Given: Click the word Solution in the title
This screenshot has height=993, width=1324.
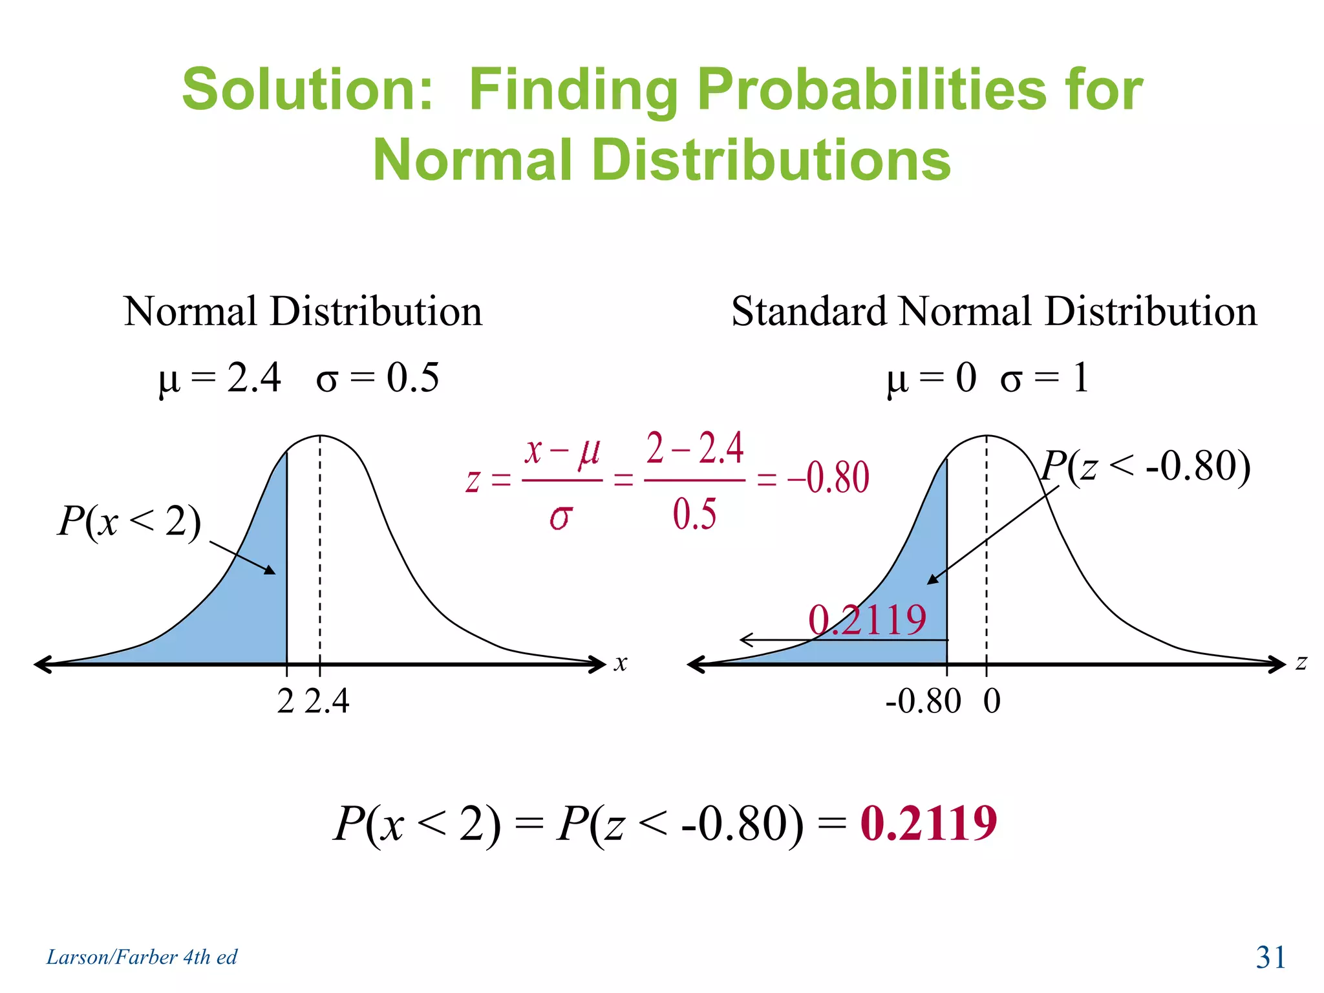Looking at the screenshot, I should pos(307,90).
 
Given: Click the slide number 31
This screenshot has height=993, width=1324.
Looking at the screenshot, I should pos(1270,957).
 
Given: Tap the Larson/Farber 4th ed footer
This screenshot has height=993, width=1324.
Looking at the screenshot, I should pos(142,957).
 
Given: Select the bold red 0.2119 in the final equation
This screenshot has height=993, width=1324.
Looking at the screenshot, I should pos(928,824).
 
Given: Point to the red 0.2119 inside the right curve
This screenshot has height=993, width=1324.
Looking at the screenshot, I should pos(867,619).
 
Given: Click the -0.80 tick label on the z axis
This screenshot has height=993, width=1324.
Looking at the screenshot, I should pos(923,701).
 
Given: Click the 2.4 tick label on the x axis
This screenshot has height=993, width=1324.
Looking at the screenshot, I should pos(327,701).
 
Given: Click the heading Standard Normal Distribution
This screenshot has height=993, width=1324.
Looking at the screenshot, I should pos(994,312).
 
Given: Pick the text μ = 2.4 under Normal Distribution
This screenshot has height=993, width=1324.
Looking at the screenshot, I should pos(220,378).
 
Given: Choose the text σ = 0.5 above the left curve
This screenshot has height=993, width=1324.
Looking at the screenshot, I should pos(378,378).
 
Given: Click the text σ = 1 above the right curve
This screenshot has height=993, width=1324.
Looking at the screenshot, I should pos(1045,378).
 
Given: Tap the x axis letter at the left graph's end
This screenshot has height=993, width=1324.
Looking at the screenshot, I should pos(621,663).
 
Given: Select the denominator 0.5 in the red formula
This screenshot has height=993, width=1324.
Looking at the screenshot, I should pos(694,515).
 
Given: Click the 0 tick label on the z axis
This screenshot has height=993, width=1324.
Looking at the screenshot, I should pos(992,701).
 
